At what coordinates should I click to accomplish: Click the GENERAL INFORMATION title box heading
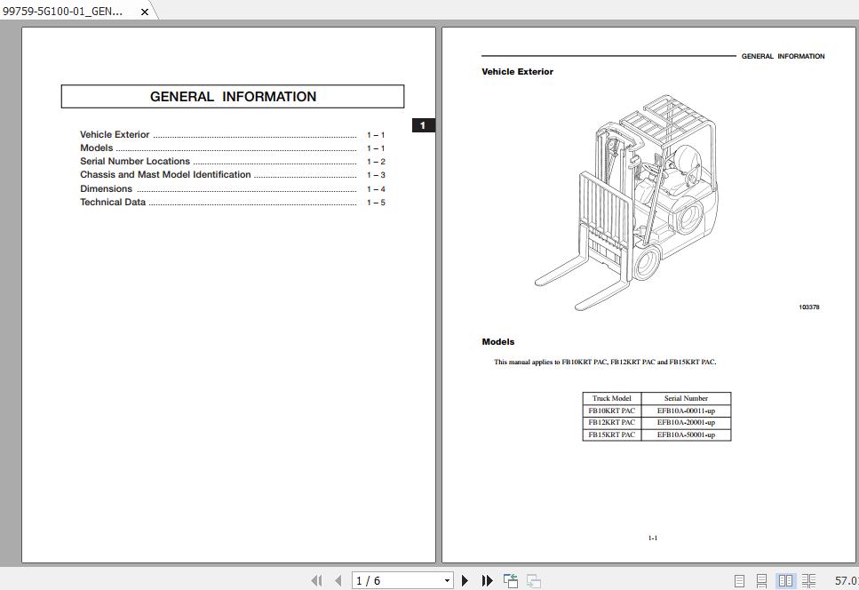pos(233,97)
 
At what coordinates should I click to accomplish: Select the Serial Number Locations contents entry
pos(135,162)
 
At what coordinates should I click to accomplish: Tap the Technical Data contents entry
pos(113,203)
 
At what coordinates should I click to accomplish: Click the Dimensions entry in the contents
pos(106,189)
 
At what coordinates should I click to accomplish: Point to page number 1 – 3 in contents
pos(376,175)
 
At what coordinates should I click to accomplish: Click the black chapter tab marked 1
pos(423,125)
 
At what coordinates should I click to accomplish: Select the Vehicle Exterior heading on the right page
pos(517,72)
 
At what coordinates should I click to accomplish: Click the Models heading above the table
pos(498,342)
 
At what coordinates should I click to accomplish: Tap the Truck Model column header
pos(611,398)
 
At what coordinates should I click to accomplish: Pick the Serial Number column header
pos(686,398)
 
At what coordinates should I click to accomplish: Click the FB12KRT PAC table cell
pos(611,423)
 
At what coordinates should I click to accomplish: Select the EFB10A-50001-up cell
pos(686,435)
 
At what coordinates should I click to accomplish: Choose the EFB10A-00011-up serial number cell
pos(686,411)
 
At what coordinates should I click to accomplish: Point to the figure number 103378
pos(808,307)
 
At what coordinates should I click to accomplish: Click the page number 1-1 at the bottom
pos(653,538)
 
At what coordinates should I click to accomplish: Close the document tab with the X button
pos(145,12)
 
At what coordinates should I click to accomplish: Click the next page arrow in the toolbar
pos(465,581)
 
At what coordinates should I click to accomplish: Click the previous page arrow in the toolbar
pos(338,581)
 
